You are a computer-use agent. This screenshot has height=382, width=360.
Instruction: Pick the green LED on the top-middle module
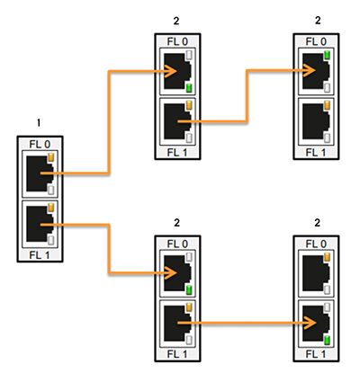[x=187, y=87]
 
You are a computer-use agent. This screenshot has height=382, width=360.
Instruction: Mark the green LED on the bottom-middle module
[x=187, y=290]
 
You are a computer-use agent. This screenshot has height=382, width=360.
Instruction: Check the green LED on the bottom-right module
[x=327, y=340]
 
